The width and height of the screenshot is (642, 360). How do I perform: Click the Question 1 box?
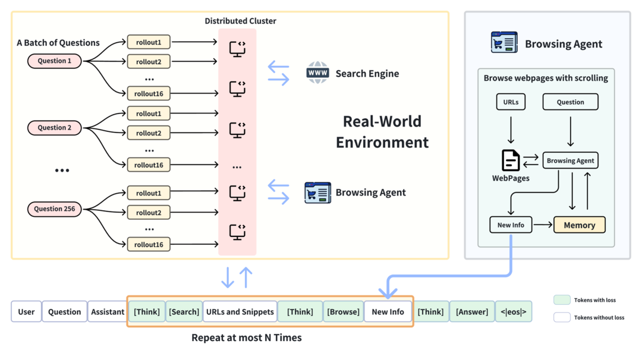(x=54, y=61)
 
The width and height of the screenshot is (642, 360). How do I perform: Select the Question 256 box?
(x=54, y=209)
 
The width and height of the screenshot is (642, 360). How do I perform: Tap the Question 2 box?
(x=54, y=128)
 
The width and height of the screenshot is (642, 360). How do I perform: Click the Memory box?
(x=579, y=225)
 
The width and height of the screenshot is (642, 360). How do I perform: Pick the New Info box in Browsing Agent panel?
(x=511, y=225)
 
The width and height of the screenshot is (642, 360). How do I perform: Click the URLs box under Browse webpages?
(x=511, y=102)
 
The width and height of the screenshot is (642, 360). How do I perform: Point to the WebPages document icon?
(x=511, y=160)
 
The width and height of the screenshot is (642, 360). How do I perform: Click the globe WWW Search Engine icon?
(x=318, y=73)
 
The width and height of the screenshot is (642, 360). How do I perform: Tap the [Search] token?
(x=184, y=312)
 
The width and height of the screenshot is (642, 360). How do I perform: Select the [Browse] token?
(x=343, y=312)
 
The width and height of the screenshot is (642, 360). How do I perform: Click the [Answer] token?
(x=472, y=312)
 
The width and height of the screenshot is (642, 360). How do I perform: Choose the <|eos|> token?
(x=513, y=312)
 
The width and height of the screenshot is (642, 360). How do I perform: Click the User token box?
(x=26, y=312)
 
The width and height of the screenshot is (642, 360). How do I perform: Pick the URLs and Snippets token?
(x=240, y=312)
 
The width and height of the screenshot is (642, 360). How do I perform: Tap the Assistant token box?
(x=108, y=312)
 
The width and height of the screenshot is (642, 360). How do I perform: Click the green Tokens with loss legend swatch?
(x=561, y=300)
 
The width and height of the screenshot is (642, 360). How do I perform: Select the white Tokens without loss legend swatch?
(x=561, y=318)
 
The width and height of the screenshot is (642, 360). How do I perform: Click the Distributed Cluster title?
(x=240, y=21)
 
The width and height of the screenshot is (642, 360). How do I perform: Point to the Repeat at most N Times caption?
(x=246, y=338)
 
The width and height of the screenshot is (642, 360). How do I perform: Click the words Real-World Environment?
(x=382, y=132)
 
